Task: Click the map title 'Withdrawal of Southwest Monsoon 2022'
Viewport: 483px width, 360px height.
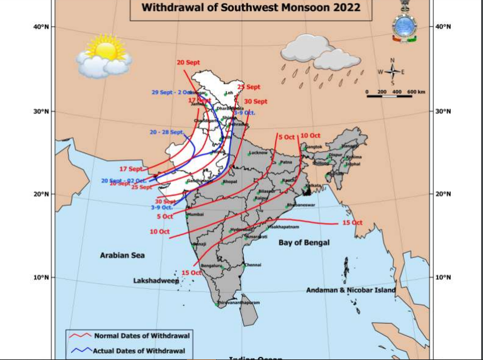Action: pos(251,8)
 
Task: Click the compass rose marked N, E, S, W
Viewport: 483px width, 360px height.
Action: pos(392,72)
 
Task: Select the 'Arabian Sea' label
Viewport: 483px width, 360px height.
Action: pos(122,256)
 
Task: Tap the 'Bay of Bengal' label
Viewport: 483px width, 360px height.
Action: pos(304,243)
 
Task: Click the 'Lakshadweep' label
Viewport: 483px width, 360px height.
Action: pos(156,281)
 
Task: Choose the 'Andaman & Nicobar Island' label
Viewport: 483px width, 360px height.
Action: pos(351,290)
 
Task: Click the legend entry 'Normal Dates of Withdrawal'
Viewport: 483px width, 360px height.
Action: pos(141,335)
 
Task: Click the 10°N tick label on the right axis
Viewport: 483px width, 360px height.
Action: pos(444,277)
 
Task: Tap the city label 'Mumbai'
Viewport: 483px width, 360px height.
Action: pos(195,215)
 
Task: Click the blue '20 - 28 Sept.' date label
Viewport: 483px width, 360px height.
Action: pos(166,132)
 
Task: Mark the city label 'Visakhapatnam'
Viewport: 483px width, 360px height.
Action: pos(283,226)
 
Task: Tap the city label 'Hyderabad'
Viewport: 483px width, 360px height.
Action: pos(241,229)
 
